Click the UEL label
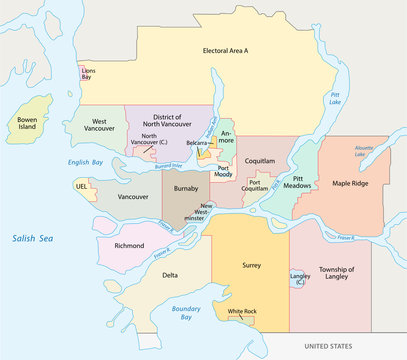point(81,186)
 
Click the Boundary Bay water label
point(188,315)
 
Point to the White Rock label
point(242,312)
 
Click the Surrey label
point(251,267)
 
